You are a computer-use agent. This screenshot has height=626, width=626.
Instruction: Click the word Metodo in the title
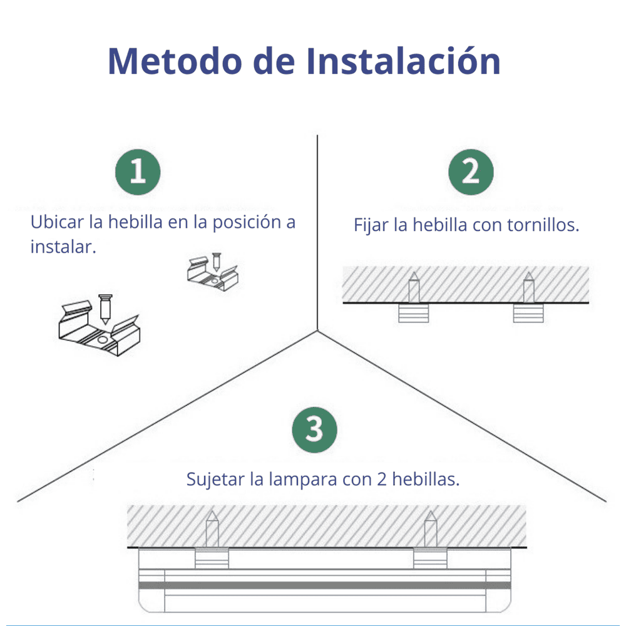coord(175,61)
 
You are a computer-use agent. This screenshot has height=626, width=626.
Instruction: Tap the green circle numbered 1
coord(138,172)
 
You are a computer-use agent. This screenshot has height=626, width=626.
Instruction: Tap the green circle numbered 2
coord(471,172)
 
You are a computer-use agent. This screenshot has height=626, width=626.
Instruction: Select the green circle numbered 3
coord(315,429)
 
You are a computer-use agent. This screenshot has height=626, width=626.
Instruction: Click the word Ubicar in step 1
coord(57,222)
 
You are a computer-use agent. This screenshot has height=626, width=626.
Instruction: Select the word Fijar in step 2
coord(371,225)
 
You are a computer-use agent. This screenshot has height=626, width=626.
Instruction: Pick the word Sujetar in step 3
coord(215,480)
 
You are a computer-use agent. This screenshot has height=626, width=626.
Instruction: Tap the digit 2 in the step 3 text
coord(382,479)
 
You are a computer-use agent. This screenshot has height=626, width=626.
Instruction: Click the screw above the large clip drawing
coord(105,309)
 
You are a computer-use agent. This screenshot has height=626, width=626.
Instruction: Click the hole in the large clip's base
coord(103,340)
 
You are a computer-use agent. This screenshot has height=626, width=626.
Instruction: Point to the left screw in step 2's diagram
coord(414,287)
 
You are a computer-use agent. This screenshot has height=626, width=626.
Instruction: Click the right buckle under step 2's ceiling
coord(528,313)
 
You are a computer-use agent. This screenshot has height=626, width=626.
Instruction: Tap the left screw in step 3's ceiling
coord(212,528)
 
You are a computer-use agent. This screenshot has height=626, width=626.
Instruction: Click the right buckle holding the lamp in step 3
coord(431,558)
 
